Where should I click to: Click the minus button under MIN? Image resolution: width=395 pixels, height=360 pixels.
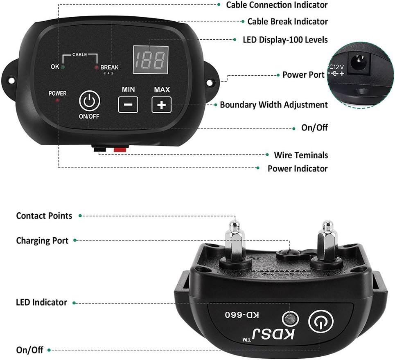point(128,105)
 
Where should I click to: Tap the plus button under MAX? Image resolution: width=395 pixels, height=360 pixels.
point(162,105)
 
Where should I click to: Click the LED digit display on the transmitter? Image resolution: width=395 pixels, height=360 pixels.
point(150,59)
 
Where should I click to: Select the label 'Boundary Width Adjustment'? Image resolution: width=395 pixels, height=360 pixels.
point(274,105)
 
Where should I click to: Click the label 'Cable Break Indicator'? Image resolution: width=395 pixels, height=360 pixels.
point(287,21)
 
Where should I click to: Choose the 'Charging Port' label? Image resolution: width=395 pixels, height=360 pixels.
point(42,241)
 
